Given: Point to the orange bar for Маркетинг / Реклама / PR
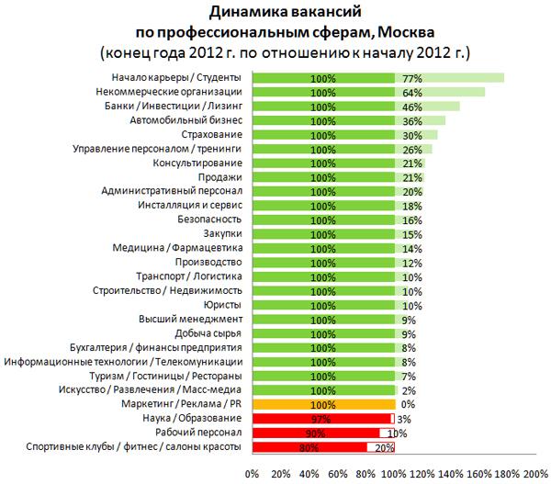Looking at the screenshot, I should coord(322,403).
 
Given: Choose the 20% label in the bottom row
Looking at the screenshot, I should coord(385,447).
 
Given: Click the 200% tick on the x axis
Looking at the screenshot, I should coord(535,474).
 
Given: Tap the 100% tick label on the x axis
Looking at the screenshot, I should coord(394,474).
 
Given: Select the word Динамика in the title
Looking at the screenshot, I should coord(242,12).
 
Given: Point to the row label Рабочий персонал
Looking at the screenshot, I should coord(198,433).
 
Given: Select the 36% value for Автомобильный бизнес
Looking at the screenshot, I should coord(411,121).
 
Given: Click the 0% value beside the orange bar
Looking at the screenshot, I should coord(408,403).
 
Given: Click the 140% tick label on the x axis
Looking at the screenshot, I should coord(451,474).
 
